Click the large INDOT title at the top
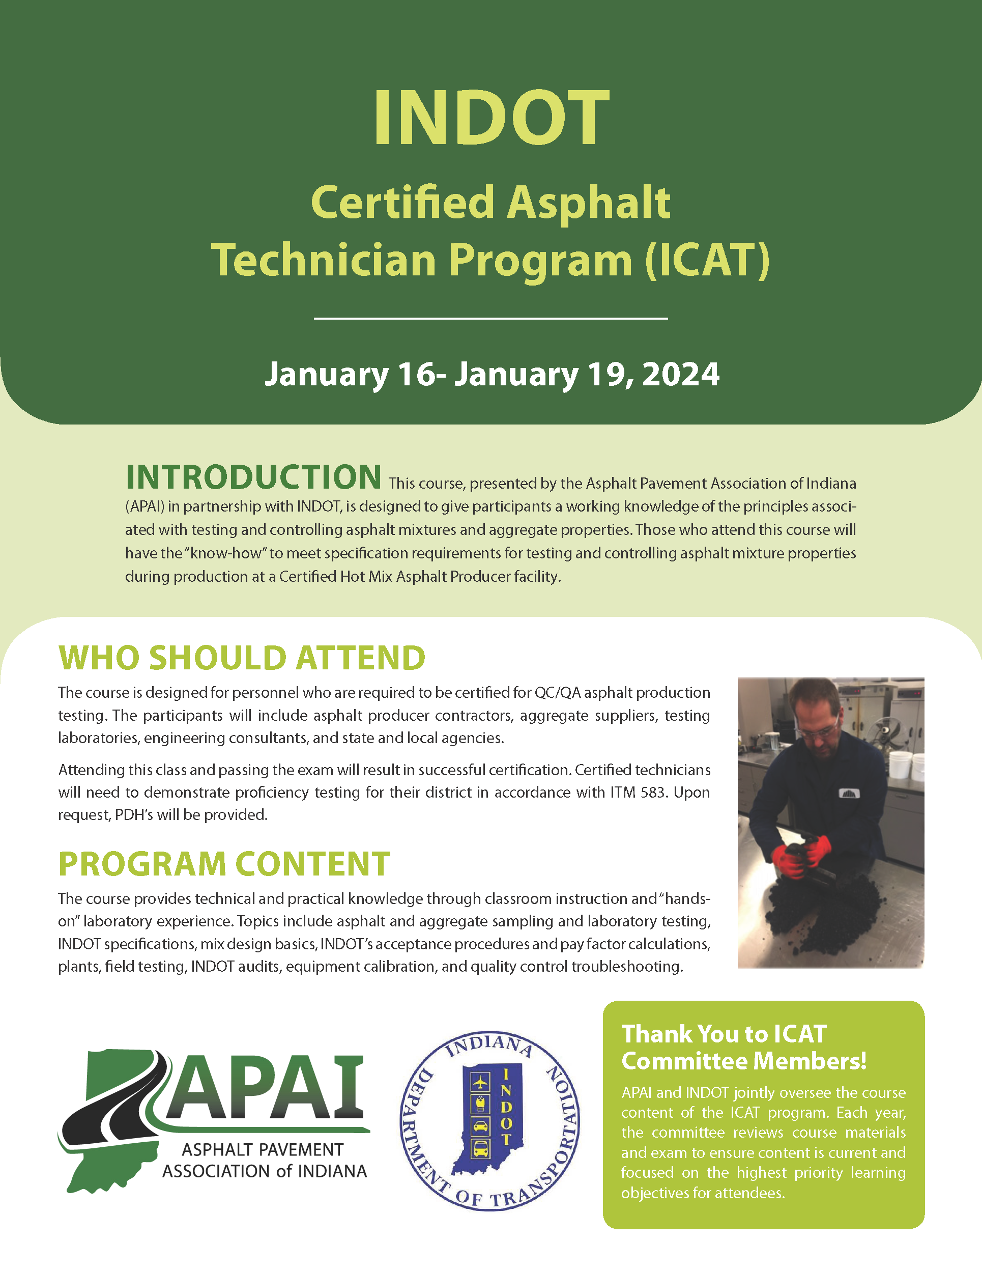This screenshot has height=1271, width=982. pos(491,118)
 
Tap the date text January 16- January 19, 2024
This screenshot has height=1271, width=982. pos(492,374)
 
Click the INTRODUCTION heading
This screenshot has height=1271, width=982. pos(254,478)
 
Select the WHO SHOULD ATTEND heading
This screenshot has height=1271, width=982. pos(242,658)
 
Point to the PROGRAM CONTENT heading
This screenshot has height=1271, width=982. pos(224,864)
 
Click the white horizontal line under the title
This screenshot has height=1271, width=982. pos(490,318)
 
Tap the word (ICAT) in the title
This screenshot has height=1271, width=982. pos(707,260)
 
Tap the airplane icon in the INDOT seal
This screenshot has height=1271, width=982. pos(480,1082)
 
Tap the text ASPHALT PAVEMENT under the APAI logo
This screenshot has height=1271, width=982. pos(263,1150)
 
